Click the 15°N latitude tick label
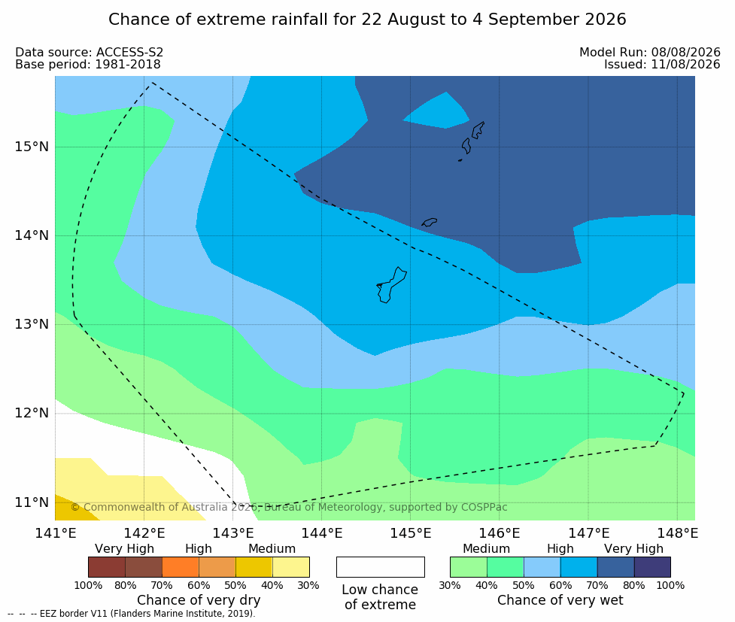pos(32,147)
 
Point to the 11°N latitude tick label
pos(32,502)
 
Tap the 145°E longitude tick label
pos(411,533)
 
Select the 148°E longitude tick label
pos(677,533)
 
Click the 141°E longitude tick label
pos(56,533)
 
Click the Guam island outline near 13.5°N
pos(391,285)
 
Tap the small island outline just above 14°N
pos(430,222)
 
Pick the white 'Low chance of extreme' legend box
pos(381,567)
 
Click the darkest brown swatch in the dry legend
pos(107,567)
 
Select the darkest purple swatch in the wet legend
pos(652,567)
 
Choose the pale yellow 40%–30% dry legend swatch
pos(290,567)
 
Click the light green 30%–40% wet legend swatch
pos(469,567)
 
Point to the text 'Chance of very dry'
pos(199,600)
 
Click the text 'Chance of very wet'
pos(560,600)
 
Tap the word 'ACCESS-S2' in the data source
pos(130,52)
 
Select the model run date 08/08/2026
pos(686,52)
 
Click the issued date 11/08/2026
pos(686,64)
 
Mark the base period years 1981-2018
pos(128,64)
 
